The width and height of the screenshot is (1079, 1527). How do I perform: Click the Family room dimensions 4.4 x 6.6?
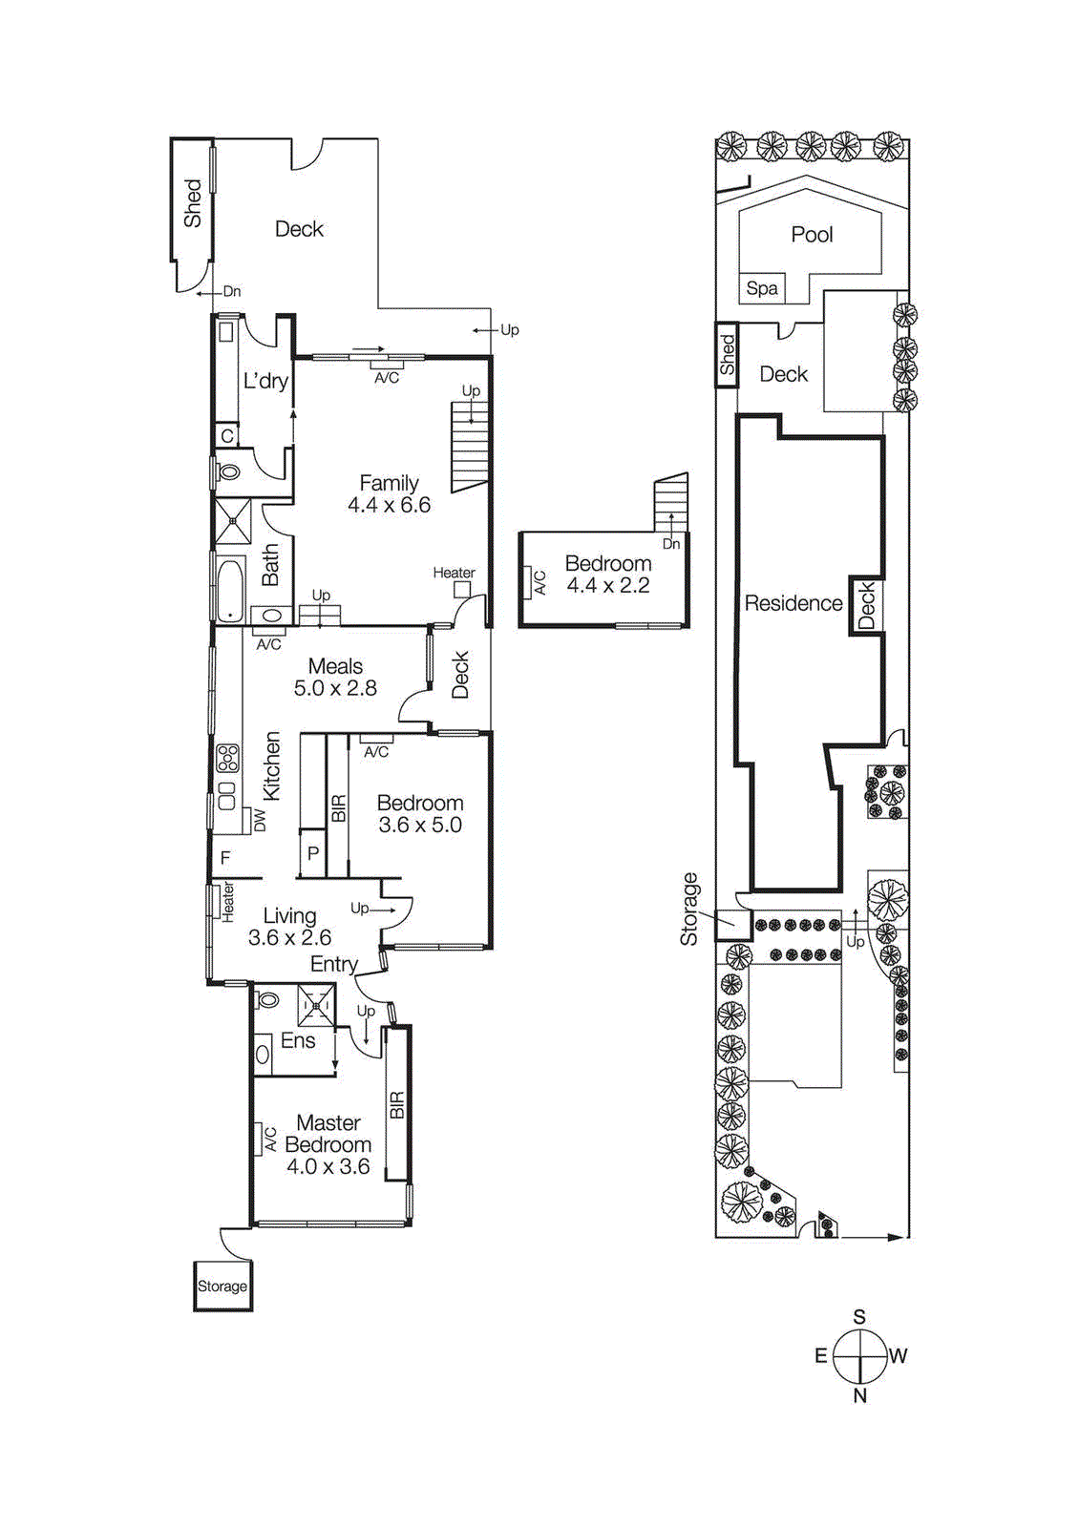click(x=389, y=505)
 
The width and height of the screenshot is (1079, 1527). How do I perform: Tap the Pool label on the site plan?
click(x=812, y=235)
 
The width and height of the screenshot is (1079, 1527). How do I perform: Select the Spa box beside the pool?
click(x=761, y=288)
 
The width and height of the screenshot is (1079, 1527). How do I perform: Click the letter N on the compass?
click(x=859, y=1395)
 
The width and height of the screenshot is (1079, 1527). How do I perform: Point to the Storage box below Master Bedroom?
click(x=222, y=1286)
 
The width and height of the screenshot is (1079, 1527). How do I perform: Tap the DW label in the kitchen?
click(x=260, y=820)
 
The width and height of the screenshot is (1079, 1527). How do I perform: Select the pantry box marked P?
click(x=312, y=854)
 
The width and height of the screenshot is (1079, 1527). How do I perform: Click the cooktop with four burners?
click(x=227, y=759)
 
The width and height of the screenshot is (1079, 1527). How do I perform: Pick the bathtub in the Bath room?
click(x=230, y=590)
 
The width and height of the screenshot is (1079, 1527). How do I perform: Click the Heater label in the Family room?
click(x=454, y=573)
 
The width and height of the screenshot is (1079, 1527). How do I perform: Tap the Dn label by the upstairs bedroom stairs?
click(x=671, y=543)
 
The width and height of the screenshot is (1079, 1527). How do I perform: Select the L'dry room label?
click(x=265, y=381)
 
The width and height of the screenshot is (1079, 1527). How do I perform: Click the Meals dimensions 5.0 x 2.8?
click(x=335, y=688)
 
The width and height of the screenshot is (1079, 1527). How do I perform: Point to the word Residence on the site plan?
click(x=793, y=603)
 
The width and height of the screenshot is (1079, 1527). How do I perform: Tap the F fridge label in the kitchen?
click(x=225, y=858)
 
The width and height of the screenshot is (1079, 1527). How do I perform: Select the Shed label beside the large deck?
click(x=193, y=203)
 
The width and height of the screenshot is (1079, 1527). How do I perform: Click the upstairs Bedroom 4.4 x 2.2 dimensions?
click(x=608, y=585)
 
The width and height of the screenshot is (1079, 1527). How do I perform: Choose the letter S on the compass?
click(x=859, y=1317)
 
